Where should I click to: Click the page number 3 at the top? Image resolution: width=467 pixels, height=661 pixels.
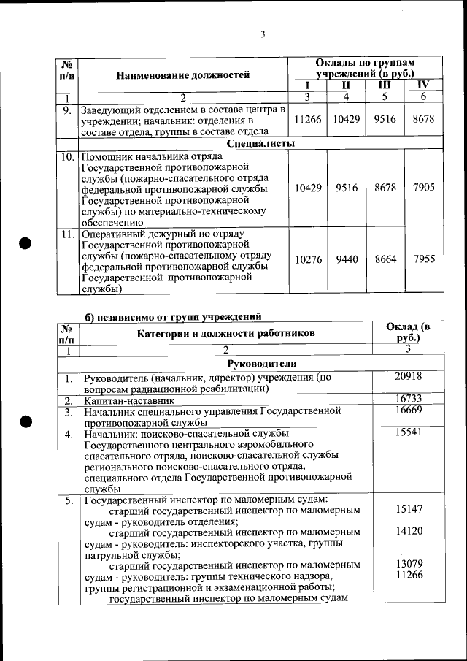(262, 34)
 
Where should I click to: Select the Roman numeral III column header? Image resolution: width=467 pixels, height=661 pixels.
(385, 85)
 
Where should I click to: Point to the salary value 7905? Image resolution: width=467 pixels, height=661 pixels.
(423, 188)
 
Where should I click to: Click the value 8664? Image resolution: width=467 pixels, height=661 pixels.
(385, 259)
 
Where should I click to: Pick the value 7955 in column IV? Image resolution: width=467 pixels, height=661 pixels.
(423, 259)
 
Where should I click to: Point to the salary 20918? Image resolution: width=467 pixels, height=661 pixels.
(409, 377)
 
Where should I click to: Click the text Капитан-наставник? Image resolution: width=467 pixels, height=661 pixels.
(129, 400)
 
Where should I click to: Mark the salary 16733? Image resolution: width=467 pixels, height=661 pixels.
(409, 400)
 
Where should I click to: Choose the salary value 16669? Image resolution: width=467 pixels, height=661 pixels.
(409, 412)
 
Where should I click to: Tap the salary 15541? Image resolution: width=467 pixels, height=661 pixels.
(409, 434)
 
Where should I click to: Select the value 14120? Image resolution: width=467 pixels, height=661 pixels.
(409, 532)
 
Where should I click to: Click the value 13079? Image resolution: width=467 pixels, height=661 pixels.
(409, 565)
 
